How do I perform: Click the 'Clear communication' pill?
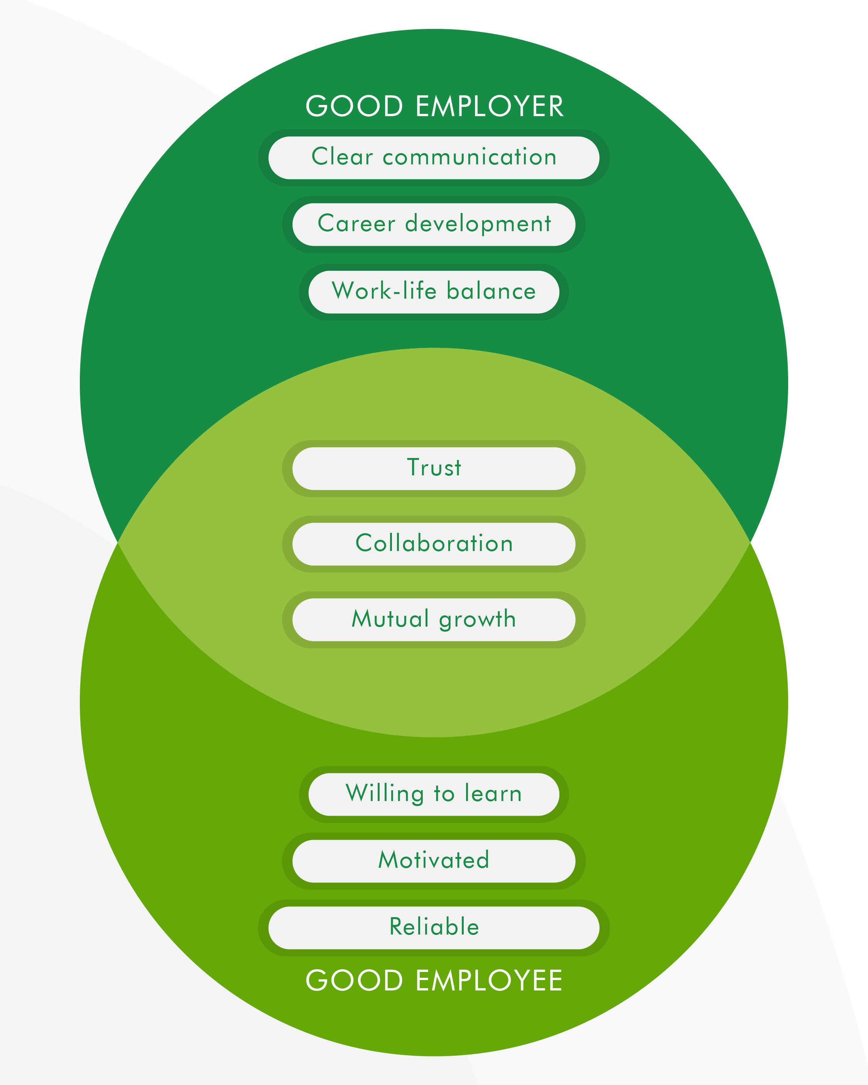434,157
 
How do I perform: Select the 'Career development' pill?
434,225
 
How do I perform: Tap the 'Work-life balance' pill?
434,292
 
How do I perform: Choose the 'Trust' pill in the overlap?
434,468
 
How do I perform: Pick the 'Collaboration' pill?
434,544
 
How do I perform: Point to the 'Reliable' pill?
434,928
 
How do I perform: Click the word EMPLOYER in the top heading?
489,107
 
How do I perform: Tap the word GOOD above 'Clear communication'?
354,107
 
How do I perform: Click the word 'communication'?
469,157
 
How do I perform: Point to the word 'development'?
478,225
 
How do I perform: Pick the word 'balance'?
491,292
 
